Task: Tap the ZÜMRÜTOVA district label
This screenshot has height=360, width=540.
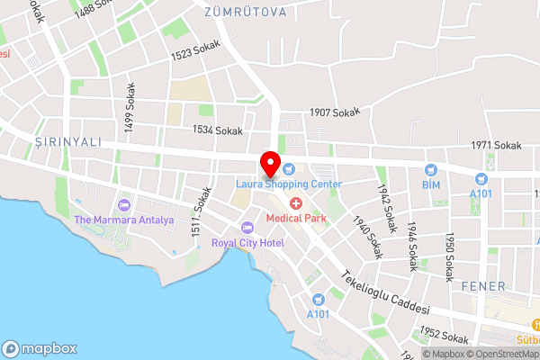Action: (x=245, y=12)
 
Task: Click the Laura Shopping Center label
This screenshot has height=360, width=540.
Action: (x=289, y=184)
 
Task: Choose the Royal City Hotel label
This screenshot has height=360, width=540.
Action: (x=247, y=243)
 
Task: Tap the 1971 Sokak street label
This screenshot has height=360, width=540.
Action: (x=496, y=145)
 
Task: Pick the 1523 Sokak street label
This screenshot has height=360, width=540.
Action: (x=195, y=55)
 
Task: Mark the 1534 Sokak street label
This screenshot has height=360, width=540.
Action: (x=217, y=130)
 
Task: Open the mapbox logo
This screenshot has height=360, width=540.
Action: (x=40, y=347)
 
